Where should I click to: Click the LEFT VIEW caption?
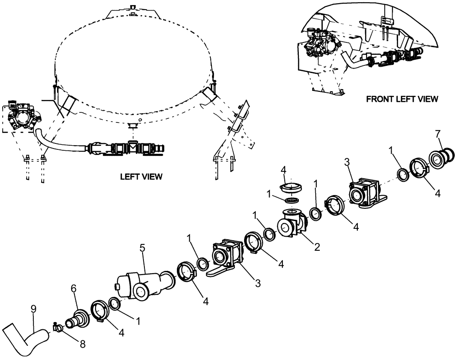click(141, 176)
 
